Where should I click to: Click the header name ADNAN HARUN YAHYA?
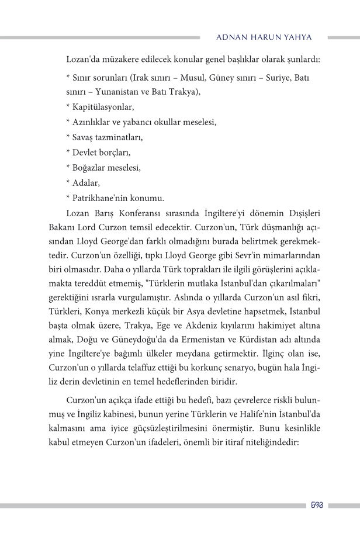tap(264, 37)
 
